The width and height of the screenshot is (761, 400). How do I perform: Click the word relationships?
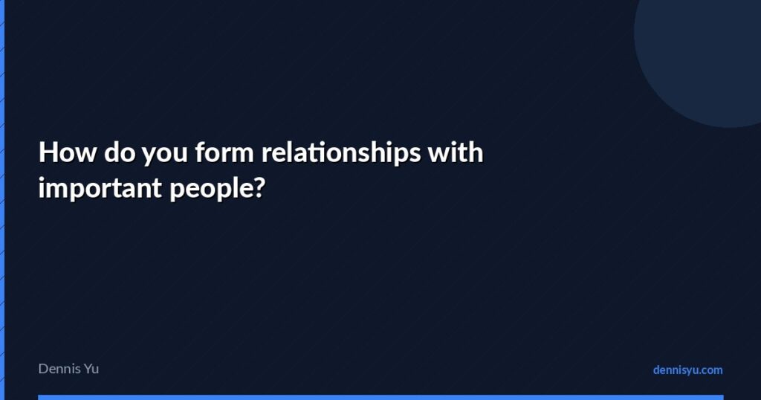pos(339,153)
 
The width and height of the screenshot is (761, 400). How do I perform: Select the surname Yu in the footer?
pos(91,369)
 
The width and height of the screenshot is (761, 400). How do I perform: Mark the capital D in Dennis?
pos(43,369)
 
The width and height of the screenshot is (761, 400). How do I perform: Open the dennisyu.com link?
pos(687,370)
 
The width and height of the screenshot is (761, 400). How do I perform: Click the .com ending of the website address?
pos(710,370)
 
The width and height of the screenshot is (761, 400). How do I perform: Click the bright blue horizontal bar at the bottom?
pos(380,397)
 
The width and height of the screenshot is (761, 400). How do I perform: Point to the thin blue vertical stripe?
pos(2,200)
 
